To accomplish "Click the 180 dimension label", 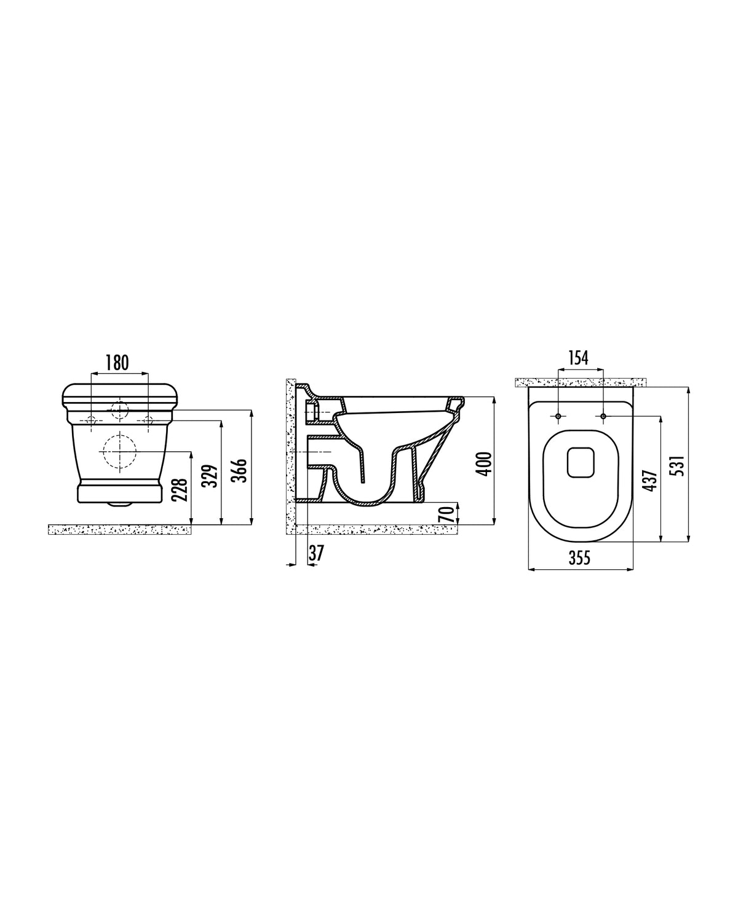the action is [x=117, y=363].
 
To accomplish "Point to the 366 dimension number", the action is [x=240, y=470].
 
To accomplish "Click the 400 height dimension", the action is [x=484, y=463].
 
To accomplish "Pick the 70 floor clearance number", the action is [x=446, y=514].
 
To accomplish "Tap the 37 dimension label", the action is [x=316, y=553].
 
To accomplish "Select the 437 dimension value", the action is [x=650, y=480].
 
